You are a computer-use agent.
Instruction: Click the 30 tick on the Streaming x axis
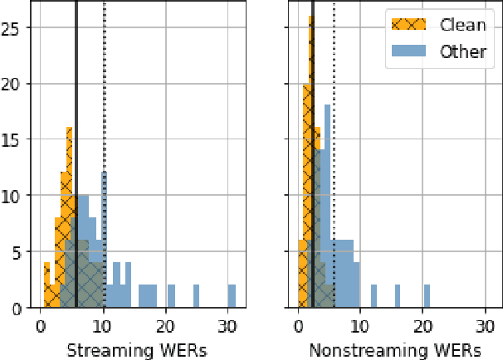[x=227, y=325]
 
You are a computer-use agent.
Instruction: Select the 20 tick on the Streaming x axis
[x=165, y=325]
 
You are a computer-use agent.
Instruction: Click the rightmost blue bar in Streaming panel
[x=232, y=296]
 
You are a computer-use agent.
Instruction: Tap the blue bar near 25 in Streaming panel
[x=197, y=296]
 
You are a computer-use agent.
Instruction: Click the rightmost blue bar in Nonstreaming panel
[x=427, y=296]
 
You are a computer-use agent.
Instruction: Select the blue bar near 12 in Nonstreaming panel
[x=374, y=296]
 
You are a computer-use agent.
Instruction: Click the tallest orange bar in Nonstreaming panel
[x=311, y=166]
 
